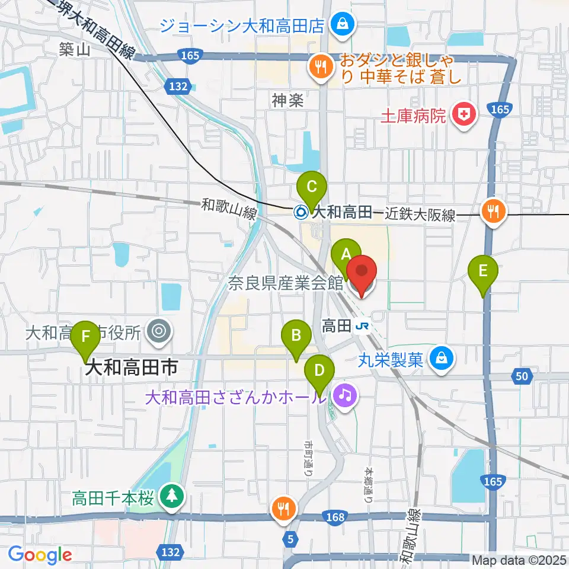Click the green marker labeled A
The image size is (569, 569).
pos(345,255)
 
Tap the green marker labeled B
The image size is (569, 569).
pos(295,337)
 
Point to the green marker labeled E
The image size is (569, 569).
pos(483,272)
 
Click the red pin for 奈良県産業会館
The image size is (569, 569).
pos(361,274)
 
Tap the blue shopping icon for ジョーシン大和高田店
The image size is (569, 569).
pos(342,25)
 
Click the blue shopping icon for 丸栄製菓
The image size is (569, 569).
pos(442,359)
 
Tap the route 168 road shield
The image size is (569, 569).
pos(335,517)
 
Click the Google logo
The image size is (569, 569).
pos(40,555)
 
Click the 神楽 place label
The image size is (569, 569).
pos(288,101)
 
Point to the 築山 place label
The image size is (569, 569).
pos(75,50)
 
